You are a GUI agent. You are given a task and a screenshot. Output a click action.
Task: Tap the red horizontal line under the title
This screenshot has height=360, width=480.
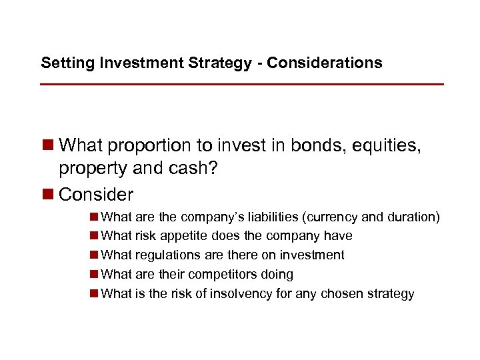pos(241,85)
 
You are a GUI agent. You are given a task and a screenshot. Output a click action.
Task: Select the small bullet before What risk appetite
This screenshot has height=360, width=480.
pos(95,236)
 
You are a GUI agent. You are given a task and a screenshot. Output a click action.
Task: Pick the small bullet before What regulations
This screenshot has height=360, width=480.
pos(95,255)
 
